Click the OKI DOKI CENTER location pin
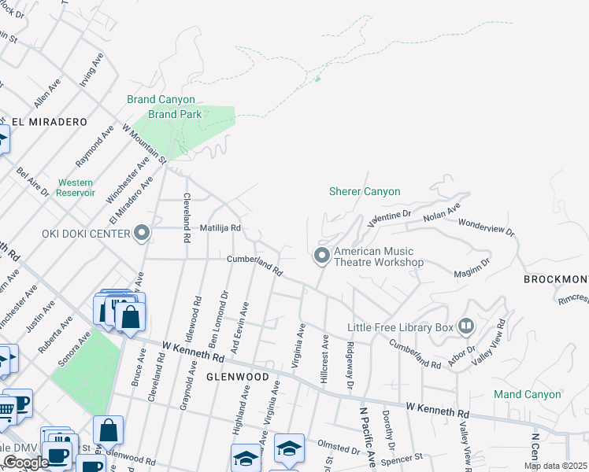(x=142, y=233)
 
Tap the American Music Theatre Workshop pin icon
(x=321, y=256)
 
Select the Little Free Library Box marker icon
(x=466, y=326)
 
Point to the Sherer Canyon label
(x=365, y=191)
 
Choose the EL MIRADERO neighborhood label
(x=49, y=121)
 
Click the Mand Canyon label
(x=528, y=394)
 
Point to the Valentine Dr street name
(x=389, y=216)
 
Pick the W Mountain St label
(x=144, y=142)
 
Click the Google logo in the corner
(x=25, y=463)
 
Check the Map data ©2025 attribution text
(x=555, y=466)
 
